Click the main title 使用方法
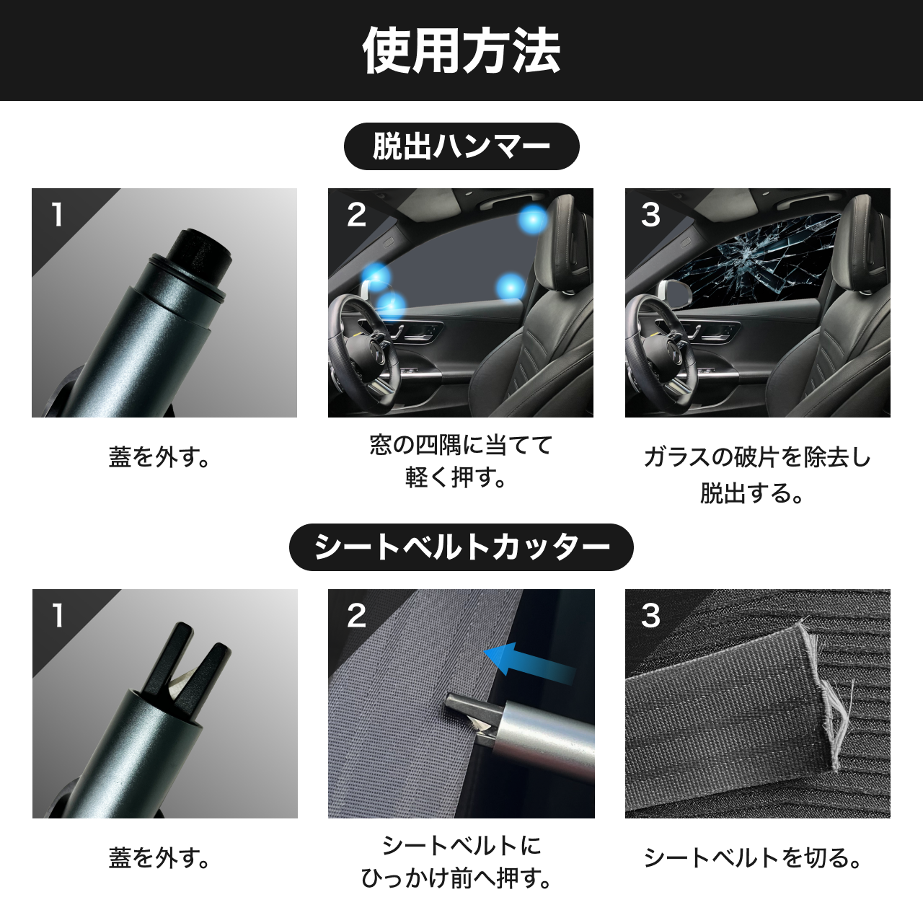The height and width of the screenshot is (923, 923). tap(461, 50)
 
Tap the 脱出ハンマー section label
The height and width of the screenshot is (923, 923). tap(461, 146)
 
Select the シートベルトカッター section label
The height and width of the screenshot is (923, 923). tap(461, 547)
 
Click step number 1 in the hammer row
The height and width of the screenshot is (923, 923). tap(58, 215)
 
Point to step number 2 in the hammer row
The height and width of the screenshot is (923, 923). tap(356, 215)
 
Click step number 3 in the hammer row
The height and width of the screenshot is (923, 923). tap(650, 215)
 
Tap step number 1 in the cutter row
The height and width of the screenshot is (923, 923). tap(58, 616)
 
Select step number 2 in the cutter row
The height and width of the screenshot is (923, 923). tap(356, 616)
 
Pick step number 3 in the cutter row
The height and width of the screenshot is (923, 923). tap(650, 616)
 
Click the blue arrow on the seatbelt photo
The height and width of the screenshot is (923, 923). tap(529, 661)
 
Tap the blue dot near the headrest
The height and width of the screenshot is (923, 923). tap(533, 220)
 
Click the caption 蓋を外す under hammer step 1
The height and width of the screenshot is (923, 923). tap(159, 458)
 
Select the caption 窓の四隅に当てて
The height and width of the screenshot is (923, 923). tap(461, 445)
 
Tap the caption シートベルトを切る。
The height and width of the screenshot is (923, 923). tap(753, 858)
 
